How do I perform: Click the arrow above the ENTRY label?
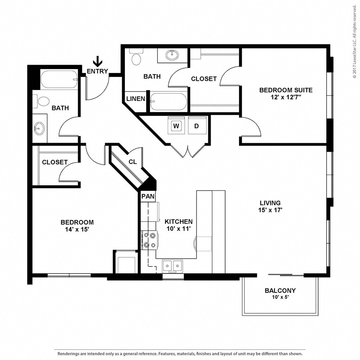pos(98,61)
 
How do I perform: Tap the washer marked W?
pos(176,126)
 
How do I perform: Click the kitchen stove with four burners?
pos(149,240)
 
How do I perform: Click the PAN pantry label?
pos(148,196)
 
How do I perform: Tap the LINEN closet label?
pos(136,99)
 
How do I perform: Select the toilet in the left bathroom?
pos(41,101)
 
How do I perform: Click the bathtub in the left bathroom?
pos(59,79)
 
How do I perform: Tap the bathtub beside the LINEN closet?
pos(169,102)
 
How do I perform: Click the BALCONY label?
pos(280,290)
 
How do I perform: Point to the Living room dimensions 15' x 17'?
pos(270,210)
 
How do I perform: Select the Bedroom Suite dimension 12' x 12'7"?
pos(286,97)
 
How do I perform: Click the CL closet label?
pos(133,162)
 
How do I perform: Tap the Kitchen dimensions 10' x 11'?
pos(178,229)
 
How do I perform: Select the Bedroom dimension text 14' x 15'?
pos(77,229)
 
